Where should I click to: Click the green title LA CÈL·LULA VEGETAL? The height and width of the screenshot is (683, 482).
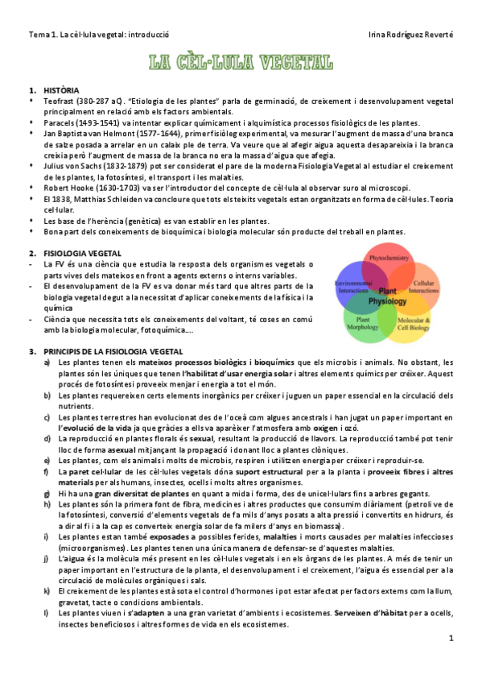[x=241, y=61]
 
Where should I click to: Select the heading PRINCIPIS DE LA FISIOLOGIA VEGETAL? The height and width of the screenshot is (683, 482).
[x=113, y=352]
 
